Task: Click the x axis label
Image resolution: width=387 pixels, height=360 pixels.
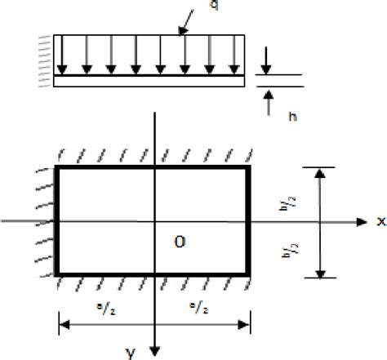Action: (380, 221)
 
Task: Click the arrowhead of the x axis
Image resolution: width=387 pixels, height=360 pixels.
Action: (360, 221)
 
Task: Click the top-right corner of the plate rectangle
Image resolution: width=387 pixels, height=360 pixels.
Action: (251, 167)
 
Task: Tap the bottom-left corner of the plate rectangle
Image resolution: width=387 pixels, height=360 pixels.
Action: (56, 276)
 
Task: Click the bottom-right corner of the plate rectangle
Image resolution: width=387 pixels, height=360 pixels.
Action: (251, 276)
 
